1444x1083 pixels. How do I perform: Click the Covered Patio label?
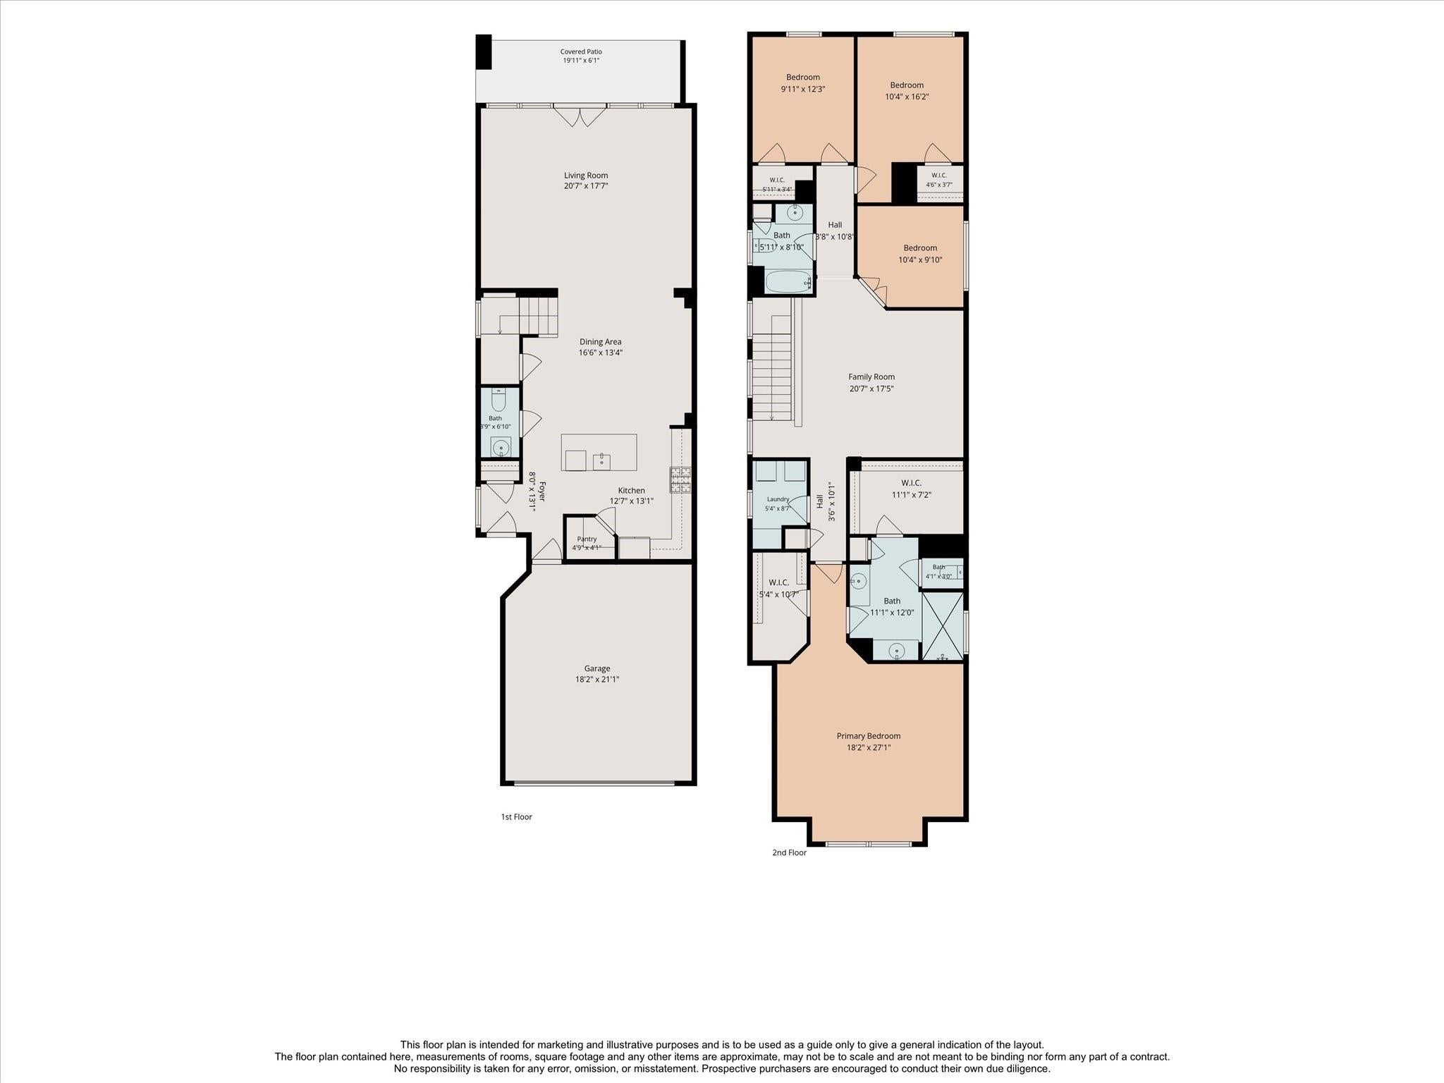[x=581, y=51]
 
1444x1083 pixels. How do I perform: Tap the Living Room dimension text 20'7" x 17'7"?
[x=586, y=186]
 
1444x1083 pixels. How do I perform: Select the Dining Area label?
[x=601, y=342]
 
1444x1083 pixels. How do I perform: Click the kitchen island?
[x=599, y=453]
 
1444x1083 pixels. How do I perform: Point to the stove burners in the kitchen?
[x=680, y=479]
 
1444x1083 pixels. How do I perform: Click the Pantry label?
[x=587, y=539]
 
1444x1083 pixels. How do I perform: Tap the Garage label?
[x=597, y=668]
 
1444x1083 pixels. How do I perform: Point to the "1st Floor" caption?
[x=517, y=816]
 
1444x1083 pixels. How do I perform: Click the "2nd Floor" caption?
[x=789, y=852]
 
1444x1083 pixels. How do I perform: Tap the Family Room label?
[x=871, y=377]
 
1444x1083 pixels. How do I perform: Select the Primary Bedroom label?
[x=869, y=736]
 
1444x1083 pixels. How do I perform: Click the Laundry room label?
[x=778, y=499]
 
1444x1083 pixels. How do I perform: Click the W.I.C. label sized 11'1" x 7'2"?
[x=911, y=483]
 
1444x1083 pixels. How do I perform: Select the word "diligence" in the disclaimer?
[x=1026, y=1069]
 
